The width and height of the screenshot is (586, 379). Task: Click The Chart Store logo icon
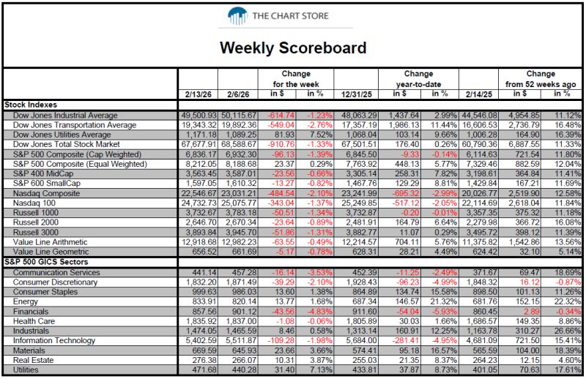pos(237,16)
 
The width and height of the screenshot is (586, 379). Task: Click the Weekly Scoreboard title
pos(293,48)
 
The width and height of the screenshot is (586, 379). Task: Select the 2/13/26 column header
pos(198,94)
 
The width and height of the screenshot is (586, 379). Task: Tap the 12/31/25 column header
pos(356,94)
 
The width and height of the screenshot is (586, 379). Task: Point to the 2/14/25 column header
pos(479,94)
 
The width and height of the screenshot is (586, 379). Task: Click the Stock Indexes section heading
pos(31,105)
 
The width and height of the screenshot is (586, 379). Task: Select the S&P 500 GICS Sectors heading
pos(46,262)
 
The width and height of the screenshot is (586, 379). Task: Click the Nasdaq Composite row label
pos(46,193)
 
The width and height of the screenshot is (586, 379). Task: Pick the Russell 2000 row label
pos(35,222)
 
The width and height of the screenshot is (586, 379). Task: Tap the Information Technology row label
pos(54,340)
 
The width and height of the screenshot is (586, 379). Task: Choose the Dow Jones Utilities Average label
pos(62,135)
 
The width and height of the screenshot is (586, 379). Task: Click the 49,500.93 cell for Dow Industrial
pos(199,116)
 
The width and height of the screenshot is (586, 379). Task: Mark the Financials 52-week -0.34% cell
pos(568,312)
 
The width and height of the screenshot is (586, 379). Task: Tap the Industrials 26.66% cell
pos(568,331)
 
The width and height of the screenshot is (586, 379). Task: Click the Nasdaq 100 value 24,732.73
pos(199,203)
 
